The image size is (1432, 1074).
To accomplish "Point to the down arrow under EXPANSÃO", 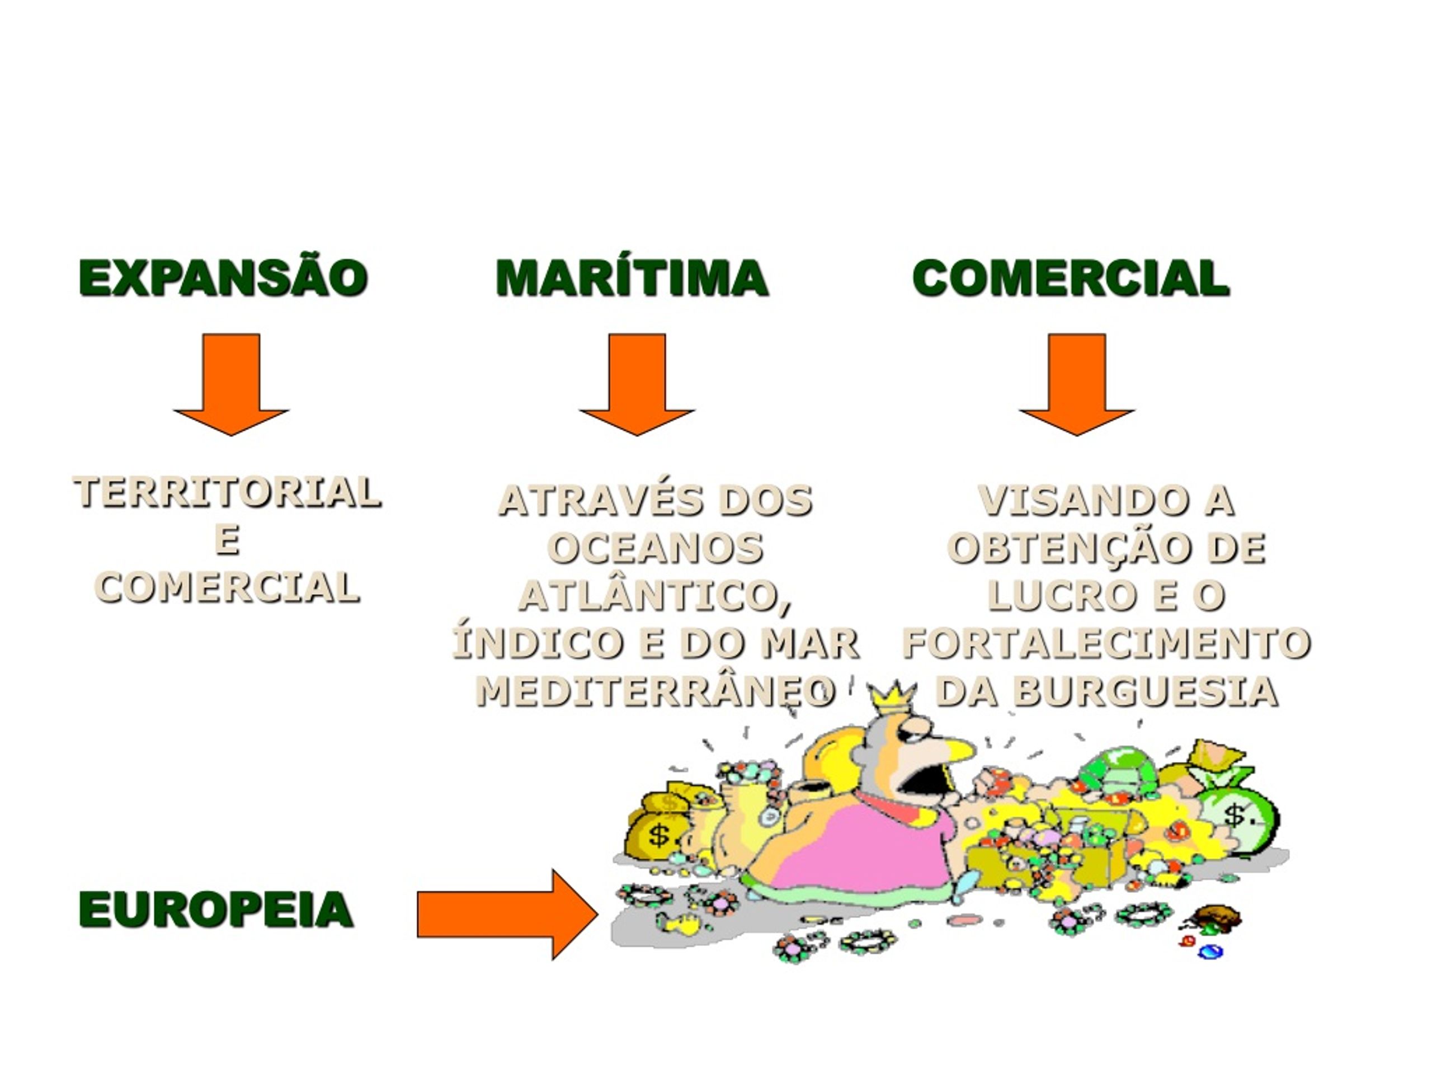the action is [x=231, y=384].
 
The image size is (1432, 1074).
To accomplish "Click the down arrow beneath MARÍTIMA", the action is [x=637, y=384].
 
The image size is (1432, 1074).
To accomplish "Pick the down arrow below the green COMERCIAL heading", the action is [x=1077, y=384].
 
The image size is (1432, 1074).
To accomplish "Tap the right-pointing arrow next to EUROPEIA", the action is [x=507, y=914].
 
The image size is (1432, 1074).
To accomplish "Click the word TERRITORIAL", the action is [x=227, y=492].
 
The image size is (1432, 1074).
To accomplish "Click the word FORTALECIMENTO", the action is [x=1106, y=643].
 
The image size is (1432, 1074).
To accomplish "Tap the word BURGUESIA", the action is [x=1147, y=691].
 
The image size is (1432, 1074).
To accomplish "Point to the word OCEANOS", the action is [x=655, y=548].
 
